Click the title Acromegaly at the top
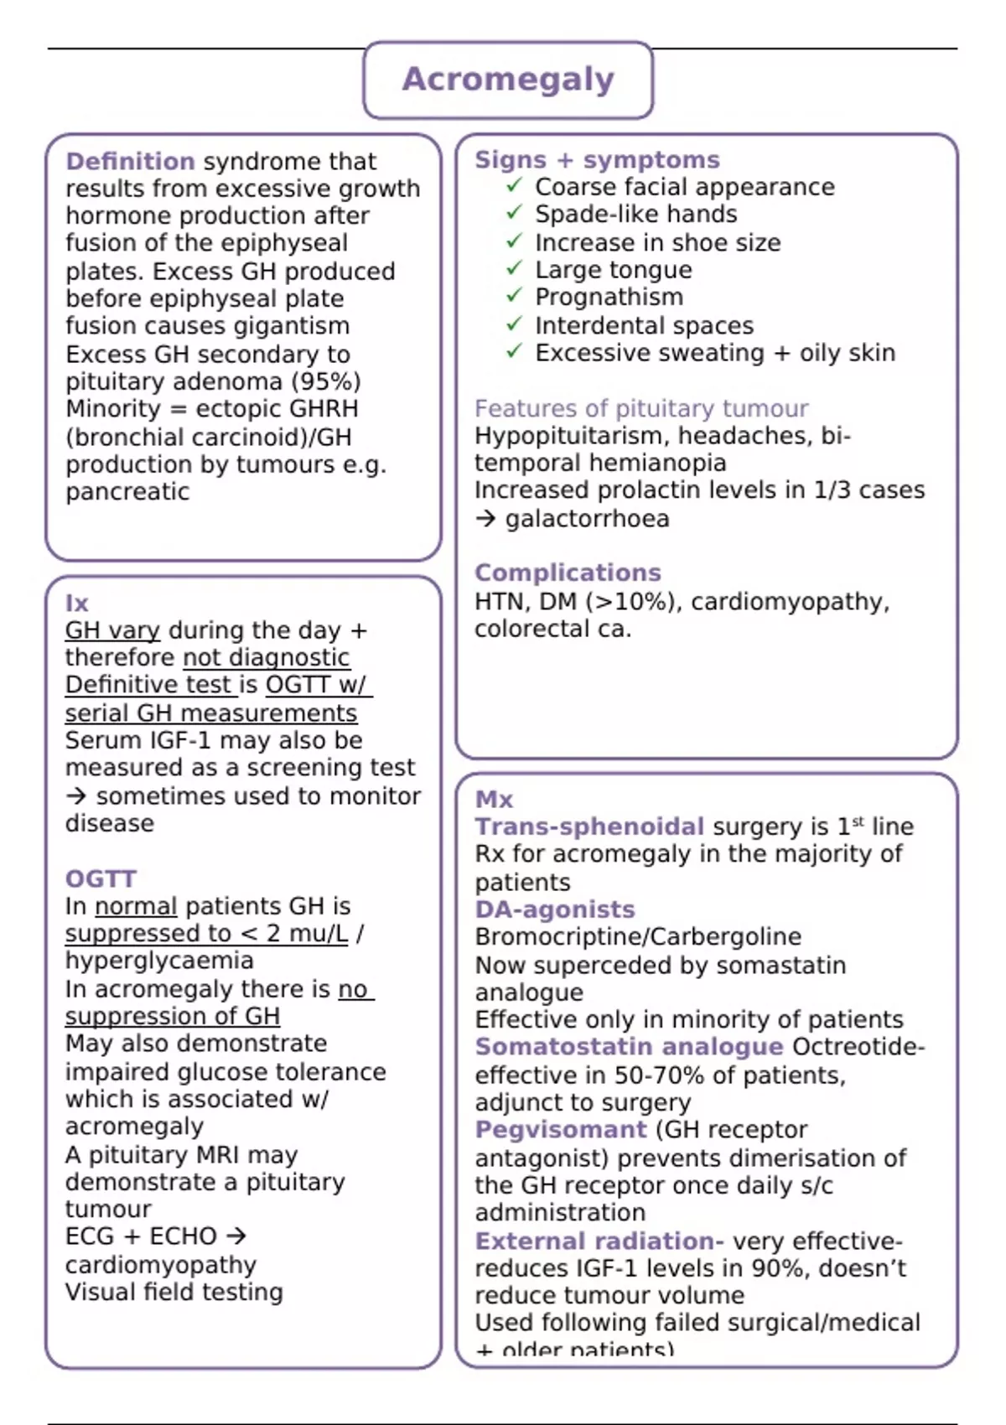point(508,80)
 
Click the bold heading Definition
point(130,161)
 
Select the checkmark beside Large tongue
point(514,269)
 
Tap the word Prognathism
point(609,298)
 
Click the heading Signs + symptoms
point(597,159)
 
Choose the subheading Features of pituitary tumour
point(641,408)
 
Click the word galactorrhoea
point(587,519)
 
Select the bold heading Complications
point(568,573)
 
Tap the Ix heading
point(76,603)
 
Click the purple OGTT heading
point(101,878)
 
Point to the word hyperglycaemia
point(159,961)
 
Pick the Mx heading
point(494,799)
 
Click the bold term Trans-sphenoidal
point(589,826)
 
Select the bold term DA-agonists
point(555,909)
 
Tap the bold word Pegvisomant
point(561,1130)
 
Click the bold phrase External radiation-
point(599,1241)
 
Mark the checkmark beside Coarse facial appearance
point(514,186)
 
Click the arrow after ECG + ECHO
point(236,1236)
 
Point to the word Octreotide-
point(858,1047)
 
